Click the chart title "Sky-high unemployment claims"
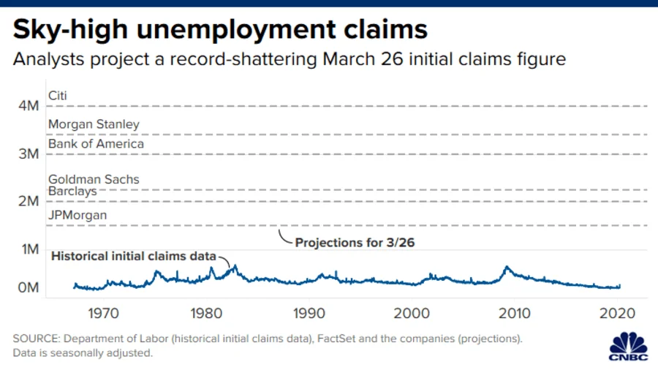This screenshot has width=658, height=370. [x=220, y=29]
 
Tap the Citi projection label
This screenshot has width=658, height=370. [x=58, y=95]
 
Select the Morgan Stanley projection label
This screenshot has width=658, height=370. [x=94, y=124]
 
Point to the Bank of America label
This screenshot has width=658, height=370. [x=96, y=144]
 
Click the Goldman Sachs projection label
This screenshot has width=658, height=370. [x=94, y=179]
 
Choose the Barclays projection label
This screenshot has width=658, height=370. [x=72, y=191]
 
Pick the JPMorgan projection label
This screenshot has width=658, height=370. [x=77, y=215]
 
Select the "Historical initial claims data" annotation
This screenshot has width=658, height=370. [x=133, y=257]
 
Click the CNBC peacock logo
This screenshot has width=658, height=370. [x=627, y=344]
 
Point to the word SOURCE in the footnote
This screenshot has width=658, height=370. [x=36, y=339]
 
